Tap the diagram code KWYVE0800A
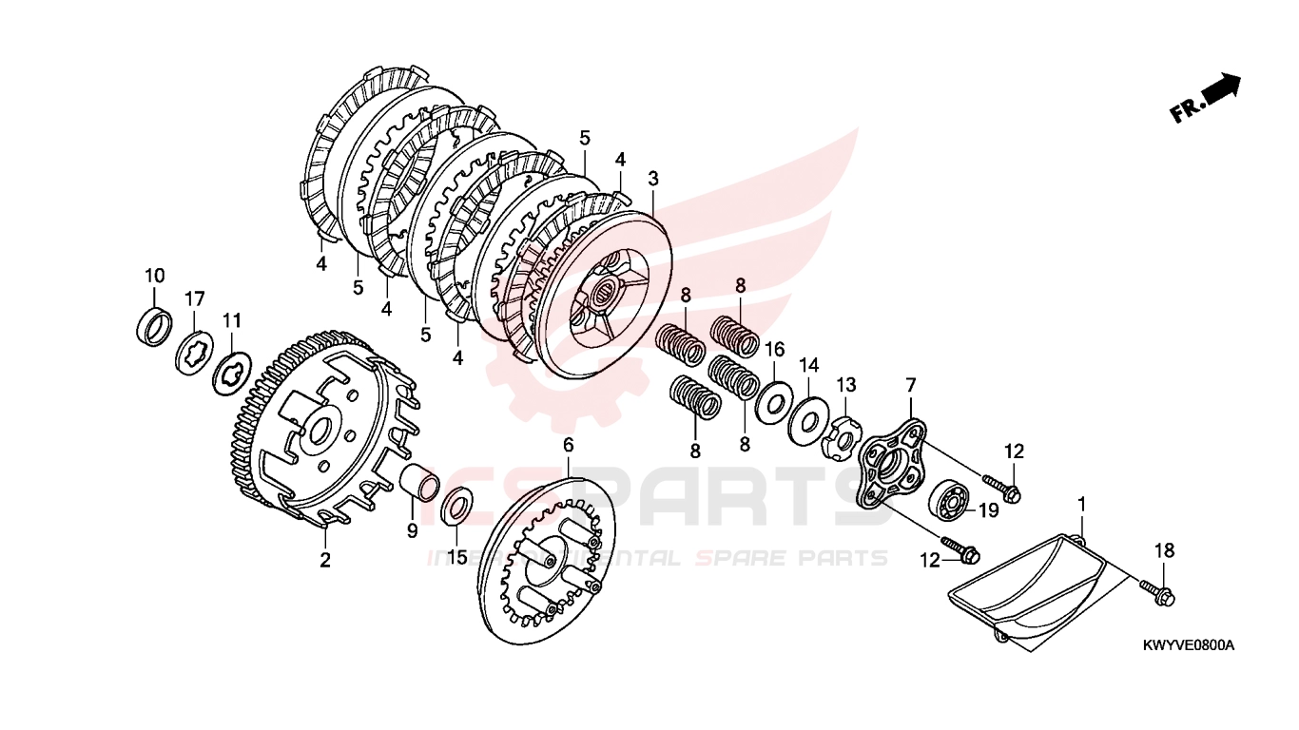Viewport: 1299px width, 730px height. [x=1188, y=645]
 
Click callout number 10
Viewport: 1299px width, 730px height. [x=154, y=276]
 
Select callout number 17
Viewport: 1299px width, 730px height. [x=194, y=299]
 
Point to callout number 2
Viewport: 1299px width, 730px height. [x=325, y=560]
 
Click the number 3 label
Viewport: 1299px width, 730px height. [x=653, y=179]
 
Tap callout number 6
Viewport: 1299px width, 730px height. [x=569, y=444]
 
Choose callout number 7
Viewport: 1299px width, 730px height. [x=910, y=385]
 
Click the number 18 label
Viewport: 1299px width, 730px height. [x=1165, y=550]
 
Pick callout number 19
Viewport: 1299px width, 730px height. [x=988, y=510]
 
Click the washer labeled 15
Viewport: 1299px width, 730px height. [x=457, y=505]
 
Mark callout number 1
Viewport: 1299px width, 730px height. [x=1081, y=502]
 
